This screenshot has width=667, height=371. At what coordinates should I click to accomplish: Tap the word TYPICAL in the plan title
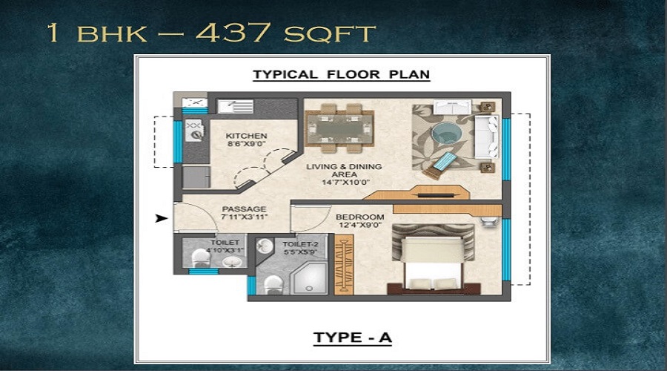click(285, 75)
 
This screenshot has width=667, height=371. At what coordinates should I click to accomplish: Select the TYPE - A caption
click(352, 338)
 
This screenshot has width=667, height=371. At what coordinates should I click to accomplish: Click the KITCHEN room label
click(247, 136)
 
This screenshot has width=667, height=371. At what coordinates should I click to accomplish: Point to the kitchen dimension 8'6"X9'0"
click(247, 145)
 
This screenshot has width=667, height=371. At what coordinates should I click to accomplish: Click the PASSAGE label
click(244, 209)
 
